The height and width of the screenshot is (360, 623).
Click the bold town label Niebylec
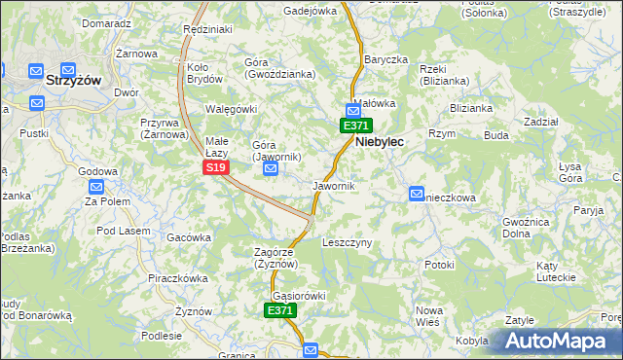coord(380,141)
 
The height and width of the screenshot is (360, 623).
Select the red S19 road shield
coord(216,168)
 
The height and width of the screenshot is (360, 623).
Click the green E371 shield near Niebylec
coord(354,126)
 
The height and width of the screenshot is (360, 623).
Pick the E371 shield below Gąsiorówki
coord(280,310)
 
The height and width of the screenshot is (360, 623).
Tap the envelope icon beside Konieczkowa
coord(417,194)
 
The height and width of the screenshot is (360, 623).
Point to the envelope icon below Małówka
coord(352,111)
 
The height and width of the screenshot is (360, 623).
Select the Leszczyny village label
coord(348,243)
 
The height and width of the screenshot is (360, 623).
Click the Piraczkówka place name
coord(175,278)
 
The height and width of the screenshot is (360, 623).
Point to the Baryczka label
coord(385,59)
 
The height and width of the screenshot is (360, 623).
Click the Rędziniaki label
coord(207,30)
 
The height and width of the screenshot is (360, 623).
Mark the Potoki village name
coord(440,265)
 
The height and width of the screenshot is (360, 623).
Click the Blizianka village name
coord(471,109)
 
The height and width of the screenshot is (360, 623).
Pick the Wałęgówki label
coord(231,109)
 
